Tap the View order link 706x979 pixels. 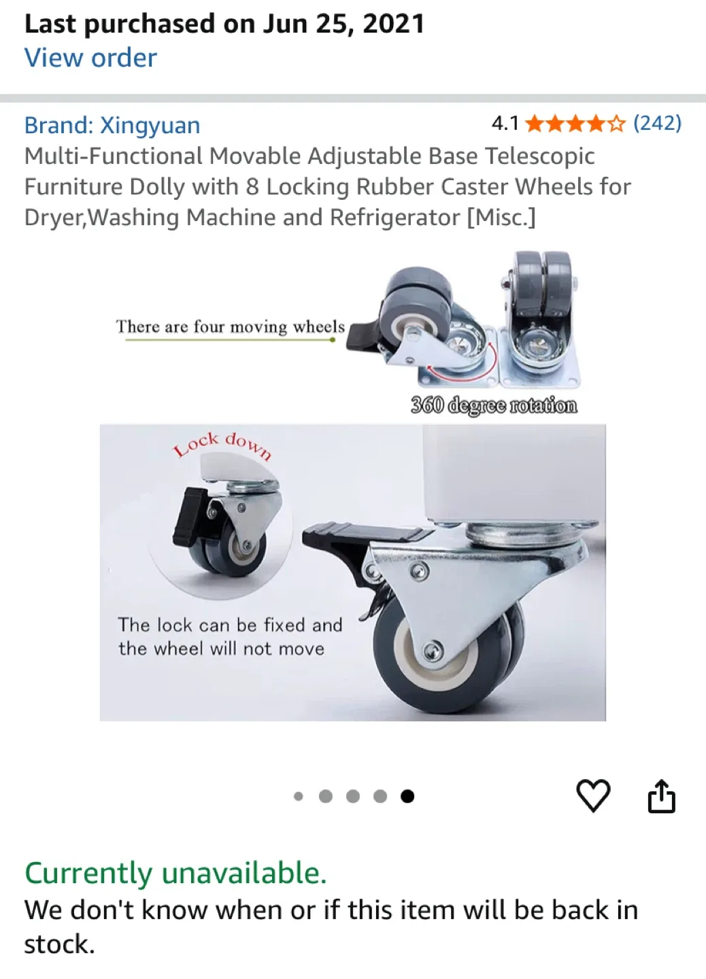pos(90,58)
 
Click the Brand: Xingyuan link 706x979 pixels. pos(112,125)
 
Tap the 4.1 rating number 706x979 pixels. pos(505,123)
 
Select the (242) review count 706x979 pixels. pos(657,123)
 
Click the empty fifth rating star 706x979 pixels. pos(616,124)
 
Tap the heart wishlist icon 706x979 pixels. pos(593,795)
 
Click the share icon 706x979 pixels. pos(661,796)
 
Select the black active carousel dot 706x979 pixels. pos(407,796)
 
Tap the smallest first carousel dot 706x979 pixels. pos(298,796)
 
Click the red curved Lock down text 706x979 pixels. pos(222,444)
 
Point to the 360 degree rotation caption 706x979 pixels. pos(494,405)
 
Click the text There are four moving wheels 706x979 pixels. pos(230,327)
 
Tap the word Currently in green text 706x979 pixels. pos(88,873)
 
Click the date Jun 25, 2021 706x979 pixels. pos(343,24)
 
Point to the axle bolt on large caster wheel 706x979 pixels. pos(431,653)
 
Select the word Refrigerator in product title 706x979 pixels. pos(394,218)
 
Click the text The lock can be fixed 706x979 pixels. pos(230,625)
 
